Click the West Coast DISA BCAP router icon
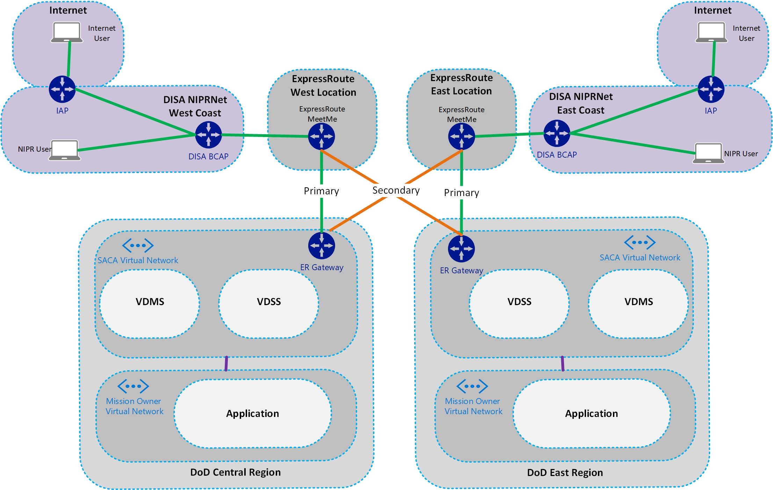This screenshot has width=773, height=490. [x=208, y=135]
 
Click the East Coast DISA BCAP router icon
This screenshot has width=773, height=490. [x=557, y=133]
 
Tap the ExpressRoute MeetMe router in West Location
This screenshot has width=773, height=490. [x=322, y=136]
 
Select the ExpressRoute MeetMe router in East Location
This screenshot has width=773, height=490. [x=461, y=136]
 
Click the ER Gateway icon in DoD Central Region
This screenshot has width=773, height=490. [x=322, y=245]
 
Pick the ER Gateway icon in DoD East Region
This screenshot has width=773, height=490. [x=461, y=248]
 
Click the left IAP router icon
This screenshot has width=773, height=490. [x=62, y=89]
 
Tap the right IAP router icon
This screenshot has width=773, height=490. [x=711, y=89]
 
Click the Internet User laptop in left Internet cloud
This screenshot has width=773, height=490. [x=67, y=33]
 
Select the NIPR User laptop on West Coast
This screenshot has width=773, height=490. [x=65, y=150]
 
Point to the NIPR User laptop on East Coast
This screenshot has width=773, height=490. [x=708, y=153]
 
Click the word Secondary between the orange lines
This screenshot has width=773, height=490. [x=396, y=190]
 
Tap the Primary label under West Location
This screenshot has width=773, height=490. [x=321, y=191]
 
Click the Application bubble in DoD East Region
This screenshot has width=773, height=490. [x=591, y=413]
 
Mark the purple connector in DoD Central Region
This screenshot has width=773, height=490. [x=226, y=363]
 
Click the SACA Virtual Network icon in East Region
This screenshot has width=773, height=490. [x=640, y=242]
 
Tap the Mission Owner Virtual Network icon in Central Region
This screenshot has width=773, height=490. [x=133, y=386]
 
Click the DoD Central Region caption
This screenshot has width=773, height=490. [x=235, y=473]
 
